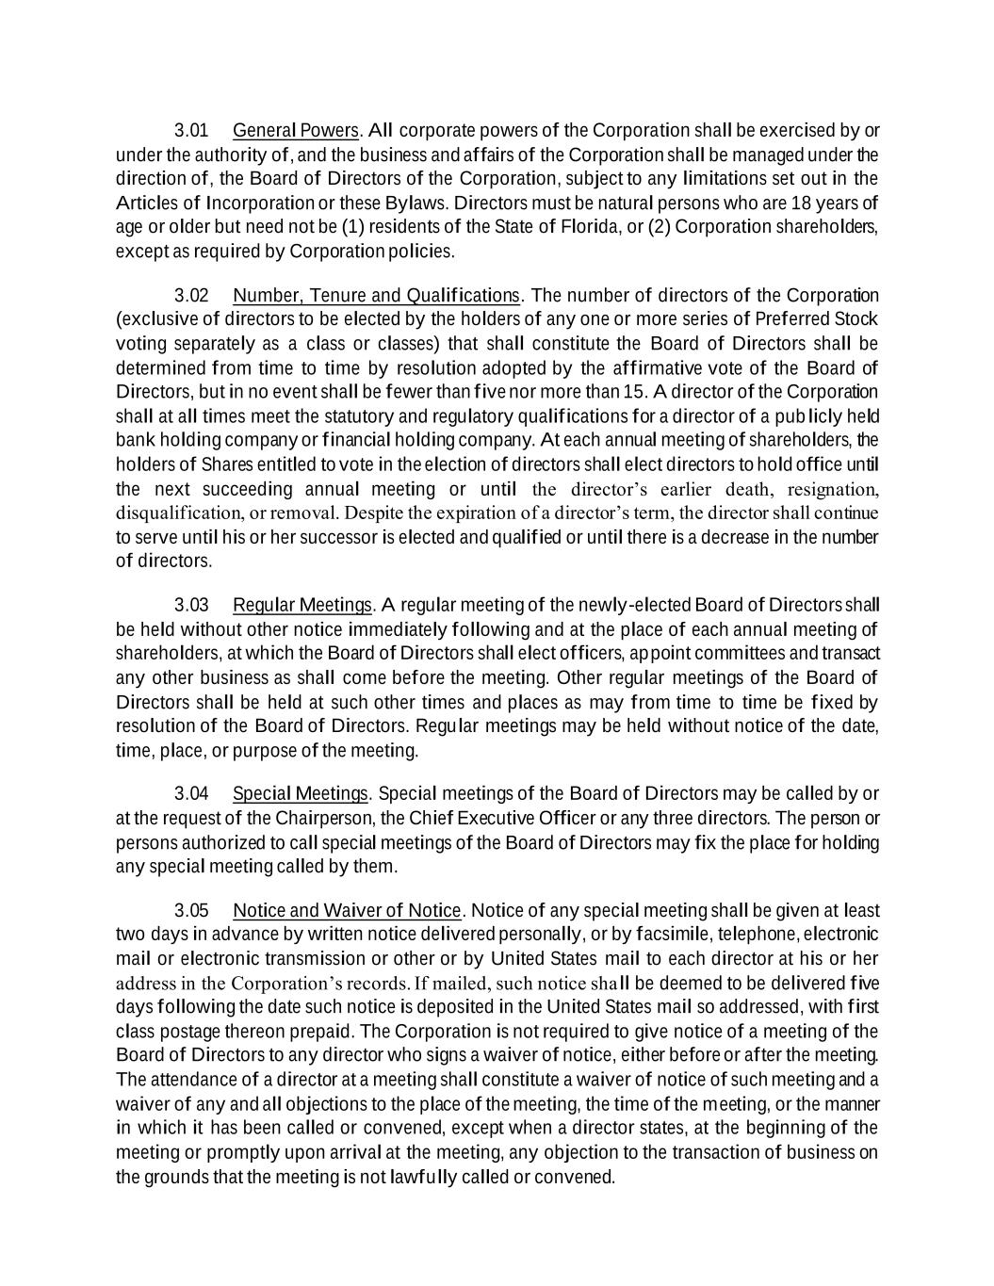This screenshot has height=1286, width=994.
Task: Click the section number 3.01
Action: click(191, 130)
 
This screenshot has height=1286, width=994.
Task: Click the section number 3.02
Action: click(191, 296)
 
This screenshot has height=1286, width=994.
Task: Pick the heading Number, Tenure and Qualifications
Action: click(376, 296)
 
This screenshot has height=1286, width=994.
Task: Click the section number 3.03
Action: click(191, 604)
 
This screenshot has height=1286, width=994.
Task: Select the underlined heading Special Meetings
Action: click(300, 793)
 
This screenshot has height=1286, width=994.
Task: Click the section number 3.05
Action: click(191, 910)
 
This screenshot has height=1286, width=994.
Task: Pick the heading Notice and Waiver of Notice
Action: click(347, 910)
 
